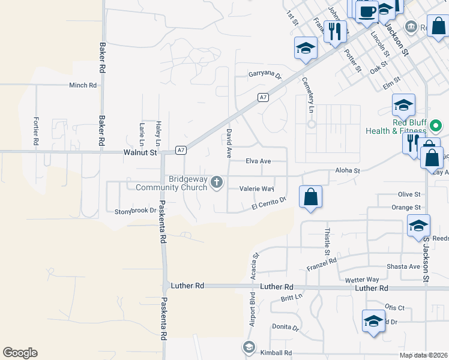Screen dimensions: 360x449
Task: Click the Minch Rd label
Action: (83, 85)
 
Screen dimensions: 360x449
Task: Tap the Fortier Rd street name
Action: (36, 131)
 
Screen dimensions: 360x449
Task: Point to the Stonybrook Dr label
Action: (135, 211)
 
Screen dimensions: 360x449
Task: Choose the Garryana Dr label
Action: (265, 75)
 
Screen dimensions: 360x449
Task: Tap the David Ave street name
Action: (228, 142)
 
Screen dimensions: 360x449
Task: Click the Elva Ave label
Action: (259, 161)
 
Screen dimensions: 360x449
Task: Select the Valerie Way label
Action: (256, 188)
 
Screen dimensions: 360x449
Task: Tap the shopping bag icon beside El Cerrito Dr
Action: (310, 197)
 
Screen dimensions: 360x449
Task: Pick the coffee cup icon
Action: (366, 11)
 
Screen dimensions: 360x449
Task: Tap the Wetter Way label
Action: (362, 280)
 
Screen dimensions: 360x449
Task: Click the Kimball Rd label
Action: (276, 353)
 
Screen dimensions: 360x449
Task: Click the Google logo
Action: (20, 353)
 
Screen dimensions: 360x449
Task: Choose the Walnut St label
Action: (140, 153)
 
